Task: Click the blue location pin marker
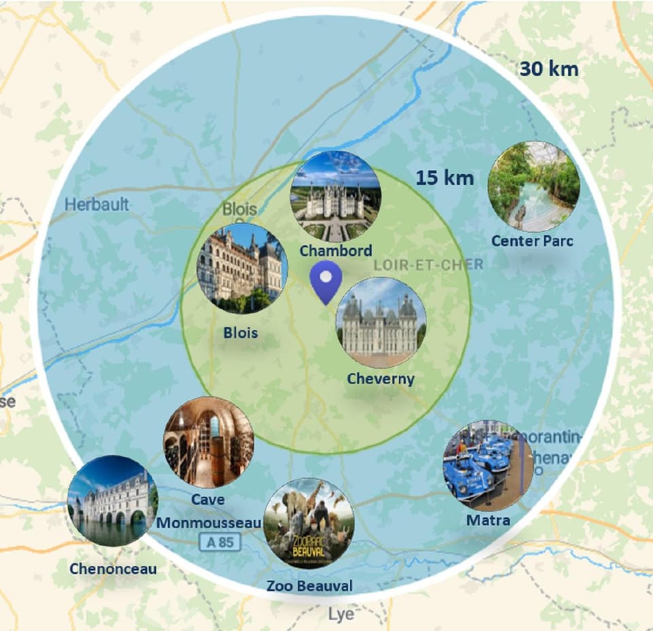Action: tap(326, 281)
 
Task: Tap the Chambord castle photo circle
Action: tap(335, 196)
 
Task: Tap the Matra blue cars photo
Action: tap(488, 466)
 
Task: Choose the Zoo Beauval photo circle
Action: tap(309, 523)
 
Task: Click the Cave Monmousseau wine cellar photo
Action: tap(208, 442)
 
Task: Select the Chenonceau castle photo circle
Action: tap(112, 500)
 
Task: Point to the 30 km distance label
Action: tap(549, 69)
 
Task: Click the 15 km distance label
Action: tap(445, 178)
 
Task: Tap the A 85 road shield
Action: tap(217, 542)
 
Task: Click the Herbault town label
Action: tap(97, 204)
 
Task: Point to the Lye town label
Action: tap(341, 614)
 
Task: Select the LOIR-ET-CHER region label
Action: tap(429, 264)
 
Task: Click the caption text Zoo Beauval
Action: tap(309, 585)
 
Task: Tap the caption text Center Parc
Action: tap(533, 241)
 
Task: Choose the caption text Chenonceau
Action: tap(113, 568)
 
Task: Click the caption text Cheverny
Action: tap(380, 379)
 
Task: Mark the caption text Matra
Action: tap(488, 520)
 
